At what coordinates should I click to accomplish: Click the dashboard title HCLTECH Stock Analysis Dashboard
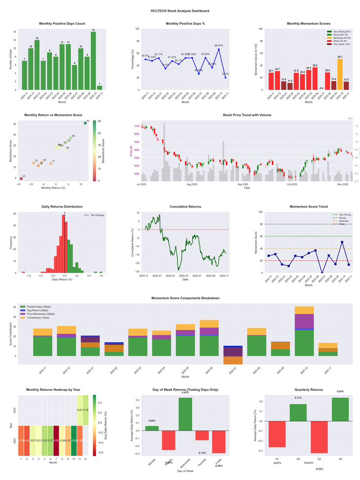[x=180, y=10]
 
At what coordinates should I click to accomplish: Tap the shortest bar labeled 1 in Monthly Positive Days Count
[x=99, y=87]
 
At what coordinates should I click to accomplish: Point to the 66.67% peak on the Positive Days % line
[x=219, y=49]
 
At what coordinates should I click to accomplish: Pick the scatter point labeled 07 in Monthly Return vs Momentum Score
[x=21, y=178]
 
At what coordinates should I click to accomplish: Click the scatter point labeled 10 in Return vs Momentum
[x=85, y=123]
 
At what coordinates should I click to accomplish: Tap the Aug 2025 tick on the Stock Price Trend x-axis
[x=192, y=184]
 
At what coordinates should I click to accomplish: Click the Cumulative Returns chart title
[x=185, y=207]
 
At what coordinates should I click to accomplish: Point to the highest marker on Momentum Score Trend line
[x=342, y=242]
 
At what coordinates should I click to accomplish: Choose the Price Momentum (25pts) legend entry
[x=42, y=313]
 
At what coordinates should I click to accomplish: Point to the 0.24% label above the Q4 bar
[x=340, y=391]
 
